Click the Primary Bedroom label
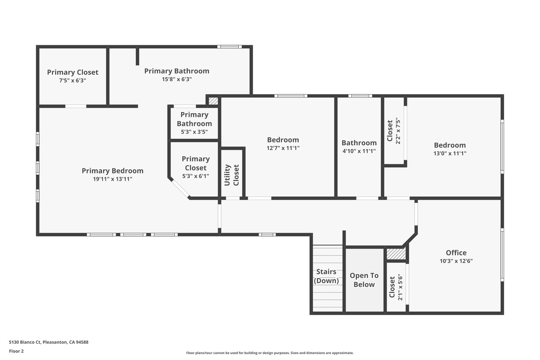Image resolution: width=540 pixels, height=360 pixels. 113,171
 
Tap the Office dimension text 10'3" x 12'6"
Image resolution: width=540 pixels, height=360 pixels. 456,261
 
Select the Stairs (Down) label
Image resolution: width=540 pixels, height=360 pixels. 326,276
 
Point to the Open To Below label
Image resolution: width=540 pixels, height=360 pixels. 364,280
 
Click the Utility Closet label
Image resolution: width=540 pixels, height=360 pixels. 232,175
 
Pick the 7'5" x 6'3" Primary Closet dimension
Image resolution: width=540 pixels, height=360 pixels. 73,81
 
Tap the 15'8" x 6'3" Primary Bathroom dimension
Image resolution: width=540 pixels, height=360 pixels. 177,79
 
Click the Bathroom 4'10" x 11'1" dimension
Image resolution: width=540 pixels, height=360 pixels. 359,151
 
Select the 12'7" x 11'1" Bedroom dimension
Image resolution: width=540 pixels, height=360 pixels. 283,148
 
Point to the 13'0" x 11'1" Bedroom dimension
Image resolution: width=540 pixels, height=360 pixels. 450,153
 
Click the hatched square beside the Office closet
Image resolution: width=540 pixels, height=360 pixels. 396,254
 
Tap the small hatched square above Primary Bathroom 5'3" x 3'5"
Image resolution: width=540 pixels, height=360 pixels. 213,101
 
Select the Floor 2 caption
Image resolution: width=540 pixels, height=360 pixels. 16,351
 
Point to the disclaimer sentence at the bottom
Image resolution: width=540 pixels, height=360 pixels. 270,353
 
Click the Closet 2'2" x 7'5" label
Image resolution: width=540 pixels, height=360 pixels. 394,131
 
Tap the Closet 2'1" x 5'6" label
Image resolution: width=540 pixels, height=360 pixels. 396,287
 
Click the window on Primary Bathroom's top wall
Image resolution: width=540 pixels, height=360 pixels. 229,47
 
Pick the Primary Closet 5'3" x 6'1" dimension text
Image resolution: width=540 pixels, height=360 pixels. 195,176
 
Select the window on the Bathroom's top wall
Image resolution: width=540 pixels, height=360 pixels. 360,96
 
